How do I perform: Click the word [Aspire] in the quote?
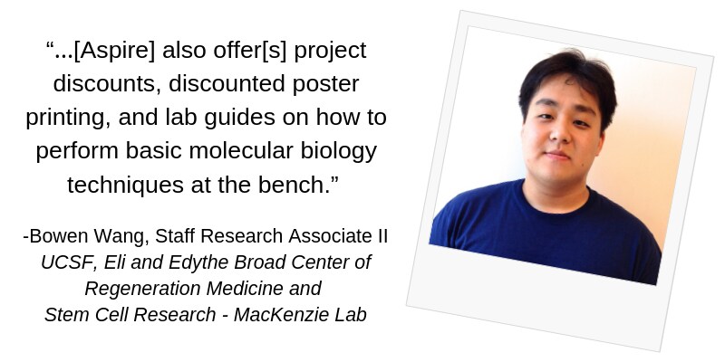point(114,51)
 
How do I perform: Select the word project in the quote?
point(330,51)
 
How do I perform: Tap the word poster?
point(325,84)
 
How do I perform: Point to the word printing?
point(68,118)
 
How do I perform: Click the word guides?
point(239,118)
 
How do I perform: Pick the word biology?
point(339,151)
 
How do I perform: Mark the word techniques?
point(125,186)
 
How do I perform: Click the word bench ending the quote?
point(293,185)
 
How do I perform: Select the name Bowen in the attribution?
point(59,236)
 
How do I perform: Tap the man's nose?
point(560,132)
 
